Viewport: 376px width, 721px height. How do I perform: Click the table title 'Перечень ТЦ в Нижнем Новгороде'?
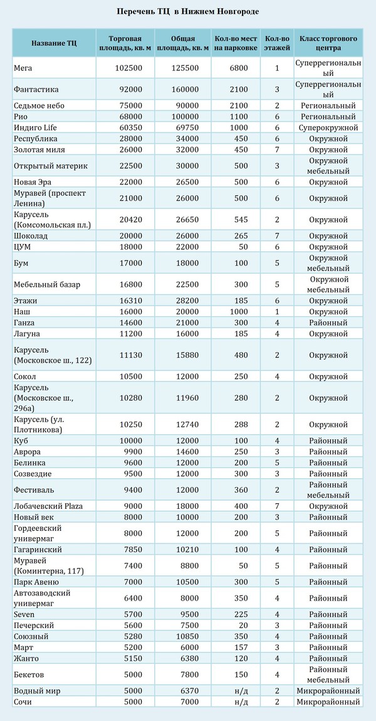[x=188, y=12]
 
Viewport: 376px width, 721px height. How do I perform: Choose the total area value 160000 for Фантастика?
[x=185, y=89]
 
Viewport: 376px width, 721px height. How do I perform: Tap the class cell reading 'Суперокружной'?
[x=328, y=127]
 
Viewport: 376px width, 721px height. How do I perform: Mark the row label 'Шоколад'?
[x=30, y=236]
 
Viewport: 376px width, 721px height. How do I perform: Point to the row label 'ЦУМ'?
[x=22, y=247]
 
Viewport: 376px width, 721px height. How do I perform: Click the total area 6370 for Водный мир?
[x=185, y=691]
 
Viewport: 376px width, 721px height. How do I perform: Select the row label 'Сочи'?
[x=22, y=702]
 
